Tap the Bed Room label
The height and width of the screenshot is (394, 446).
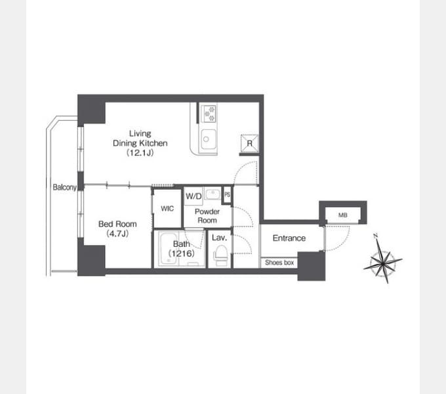coord(117,224)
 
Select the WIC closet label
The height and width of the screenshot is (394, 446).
coord(167,209)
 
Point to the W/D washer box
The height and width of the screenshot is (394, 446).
coord(193,196)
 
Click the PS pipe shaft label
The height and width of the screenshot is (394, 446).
coord(228,195)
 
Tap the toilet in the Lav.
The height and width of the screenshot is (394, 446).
coord(220,255)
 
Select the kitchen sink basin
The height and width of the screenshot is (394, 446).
coord(209,139)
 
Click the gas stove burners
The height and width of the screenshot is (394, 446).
coord(209,114)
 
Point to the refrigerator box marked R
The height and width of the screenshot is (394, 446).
coord(249,143)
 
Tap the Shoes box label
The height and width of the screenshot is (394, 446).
coord(279,263)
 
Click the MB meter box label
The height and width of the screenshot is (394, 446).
coord(343,215)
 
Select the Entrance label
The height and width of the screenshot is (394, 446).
coord(289,238)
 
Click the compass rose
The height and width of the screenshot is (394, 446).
coord(383,259)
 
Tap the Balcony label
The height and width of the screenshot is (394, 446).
coord(64,187)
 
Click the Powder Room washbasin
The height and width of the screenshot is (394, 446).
coord(213,194)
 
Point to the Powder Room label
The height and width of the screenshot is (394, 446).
coord(207,216)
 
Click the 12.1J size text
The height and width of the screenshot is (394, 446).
coord(140,153)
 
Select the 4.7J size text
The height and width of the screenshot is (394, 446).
coord(117,234)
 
